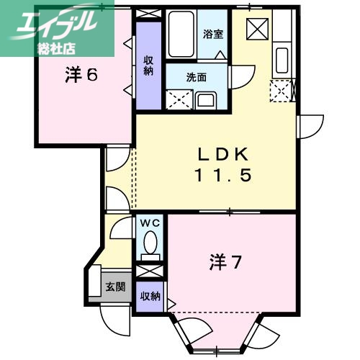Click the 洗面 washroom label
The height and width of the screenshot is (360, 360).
[x=197, y=77]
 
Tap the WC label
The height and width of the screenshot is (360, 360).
[x=150, y=222]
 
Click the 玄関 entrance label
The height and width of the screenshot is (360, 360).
[x=115, y=287]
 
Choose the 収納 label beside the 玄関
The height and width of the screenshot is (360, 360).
[x=150, y=297]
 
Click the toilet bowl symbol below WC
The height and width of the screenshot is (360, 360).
[x=150, y=249]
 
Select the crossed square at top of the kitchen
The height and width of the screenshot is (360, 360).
[x=257, y=28]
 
